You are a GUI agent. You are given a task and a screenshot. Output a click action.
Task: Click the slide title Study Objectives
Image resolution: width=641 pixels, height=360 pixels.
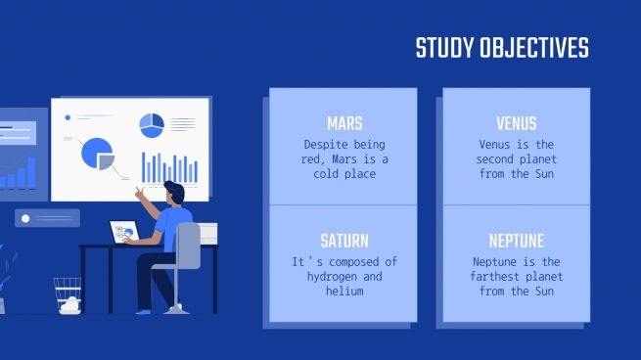pos(502,48)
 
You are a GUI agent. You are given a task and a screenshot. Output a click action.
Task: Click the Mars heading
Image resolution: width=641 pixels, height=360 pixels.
pos(343,123)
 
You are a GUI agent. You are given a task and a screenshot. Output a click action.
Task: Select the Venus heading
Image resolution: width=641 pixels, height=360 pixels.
pos(516,123)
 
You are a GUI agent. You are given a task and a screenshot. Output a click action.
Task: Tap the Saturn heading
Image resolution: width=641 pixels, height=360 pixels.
pos(343,241)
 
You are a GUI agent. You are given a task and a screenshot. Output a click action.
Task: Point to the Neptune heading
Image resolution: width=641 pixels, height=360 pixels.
pos(516,241)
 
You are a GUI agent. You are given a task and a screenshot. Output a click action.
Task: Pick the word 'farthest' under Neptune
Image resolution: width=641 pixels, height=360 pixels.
pos(501,276)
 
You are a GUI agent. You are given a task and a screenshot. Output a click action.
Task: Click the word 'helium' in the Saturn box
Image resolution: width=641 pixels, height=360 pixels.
pos(343,291)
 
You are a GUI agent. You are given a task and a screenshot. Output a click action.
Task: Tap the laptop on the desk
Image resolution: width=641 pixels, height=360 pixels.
pos(123,232)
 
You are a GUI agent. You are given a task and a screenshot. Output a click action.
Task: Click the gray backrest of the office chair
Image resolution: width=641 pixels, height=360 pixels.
pos(189,245)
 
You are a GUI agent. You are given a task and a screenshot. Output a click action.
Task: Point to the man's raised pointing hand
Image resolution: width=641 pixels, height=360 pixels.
pos(140,192)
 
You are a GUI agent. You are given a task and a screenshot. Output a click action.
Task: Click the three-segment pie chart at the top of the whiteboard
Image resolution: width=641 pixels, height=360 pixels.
pos(151,125)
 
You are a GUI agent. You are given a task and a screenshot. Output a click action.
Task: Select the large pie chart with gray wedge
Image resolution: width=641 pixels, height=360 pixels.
pos(97,154)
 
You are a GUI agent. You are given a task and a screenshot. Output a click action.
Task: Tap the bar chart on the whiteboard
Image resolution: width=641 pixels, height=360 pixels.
pos(169,167)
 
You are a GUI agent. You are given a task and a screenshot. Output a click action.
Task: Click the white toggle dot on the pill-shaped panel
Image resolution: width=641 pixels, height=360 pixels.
pos(25,218)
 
